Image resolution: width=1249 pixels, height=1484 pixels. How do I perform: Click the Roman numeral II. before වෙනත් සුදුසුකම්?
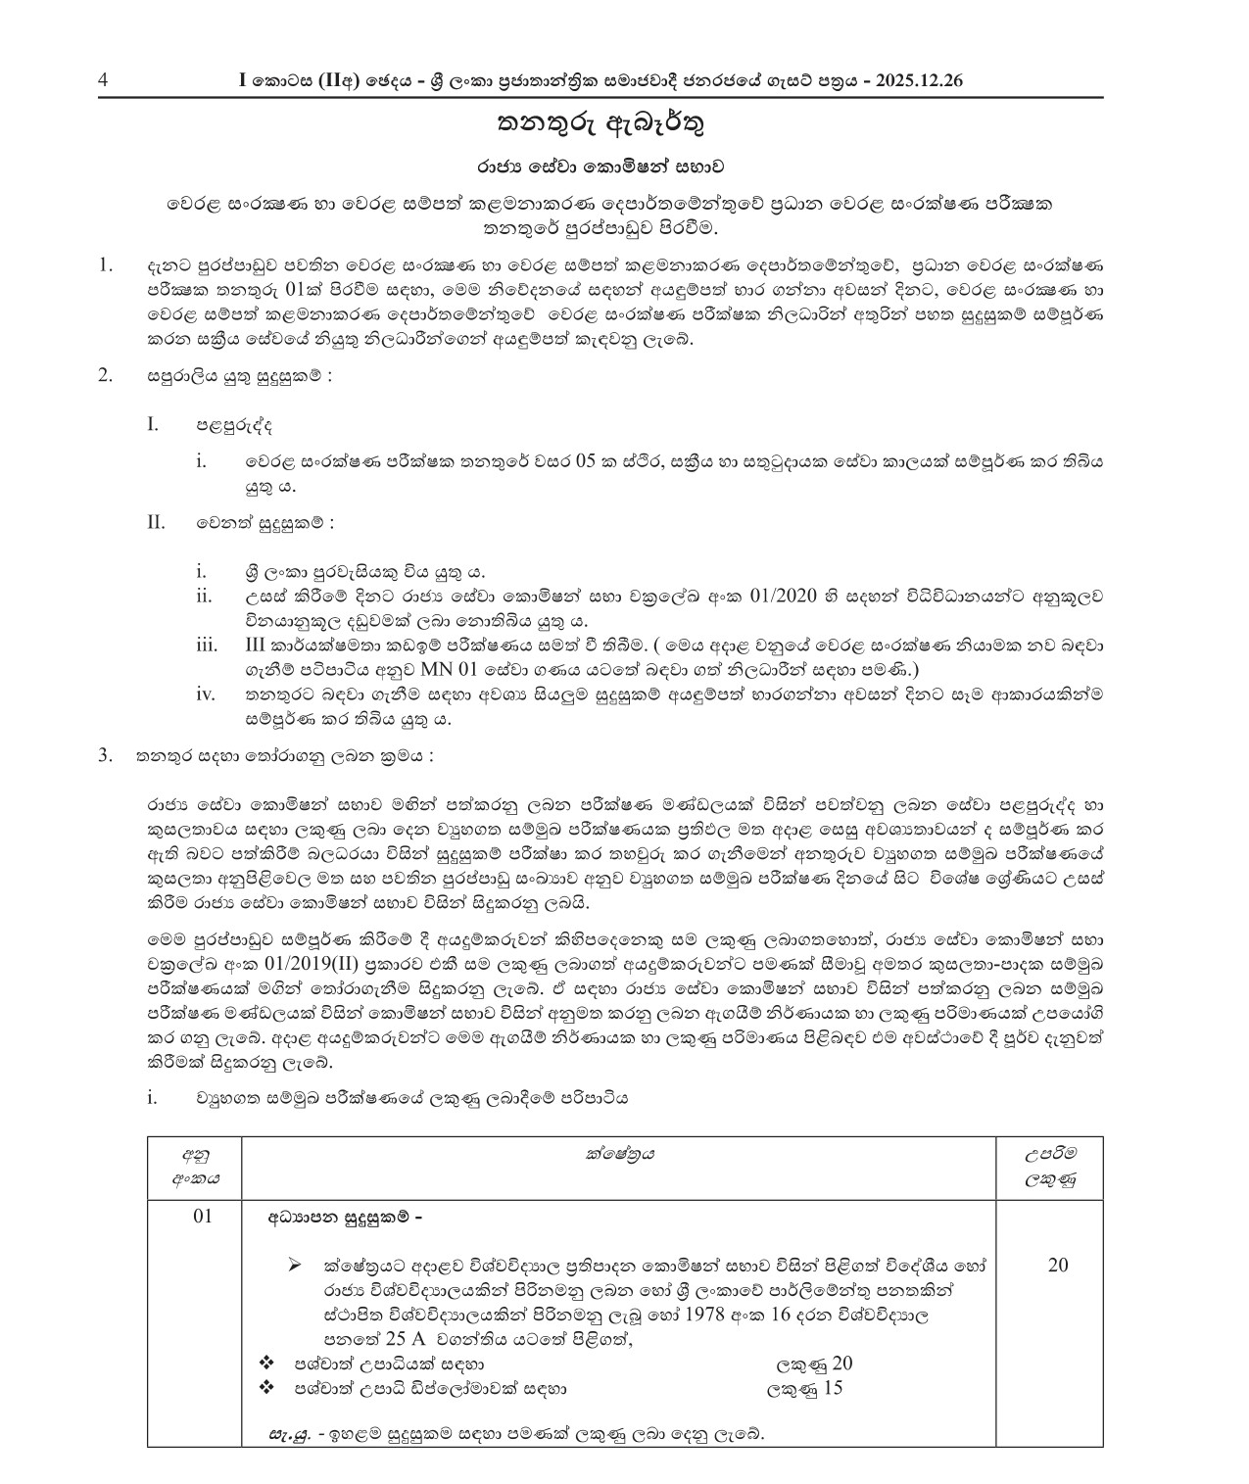(156, 521)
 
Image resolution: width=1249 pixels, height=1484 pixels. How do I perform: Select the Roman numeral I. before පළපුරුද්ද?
(152, 424)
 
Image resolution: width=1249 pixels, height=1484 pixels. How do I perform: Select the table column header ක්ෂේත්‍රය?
(618, 1154)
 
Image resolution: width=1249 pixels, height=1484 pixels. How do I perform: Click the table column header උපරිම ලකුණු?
(1049, 1167)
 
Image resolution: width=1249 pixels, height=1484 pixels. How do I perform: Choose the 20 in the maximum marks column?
(1057, 1265)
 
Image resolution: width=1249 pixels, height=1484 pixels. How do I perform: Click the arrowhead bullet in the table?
(294, 1266)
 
